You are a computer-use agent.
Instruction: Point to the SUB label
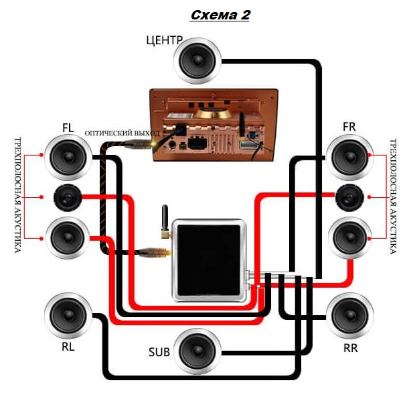pyautogui.click(x=159, y=351)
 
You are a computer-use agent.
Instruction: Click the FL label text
pyautogui.click(x=68, y=127)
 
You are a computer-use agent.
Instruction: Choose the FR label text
pyautogui.click(x=348, y=127)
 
